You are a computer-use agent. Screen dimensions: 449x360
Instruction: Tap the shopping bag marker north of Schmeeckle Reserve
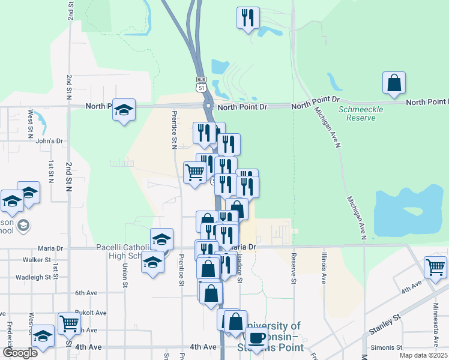tap(394, 84)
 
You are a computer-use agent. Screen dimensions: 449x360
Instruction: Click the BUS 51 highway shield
tap(201, 83)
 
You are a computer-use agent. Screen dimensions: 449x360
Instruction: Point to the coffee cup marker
tap(256, 338)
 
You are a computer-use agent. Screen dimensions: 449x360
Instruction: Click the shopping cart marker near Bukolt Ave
tap(70, 324)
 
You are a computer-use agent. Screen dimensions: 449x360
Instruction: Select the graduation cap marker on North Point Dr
tap(124, 110)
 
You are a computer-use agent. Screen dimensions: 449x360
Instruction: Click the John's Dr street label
tap(49, 141)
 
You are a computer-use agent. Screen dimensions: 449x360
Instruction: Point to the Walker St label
tap(37, 260)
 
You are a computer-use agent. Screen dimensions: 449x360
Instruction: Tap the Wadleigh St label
tap(34, 277)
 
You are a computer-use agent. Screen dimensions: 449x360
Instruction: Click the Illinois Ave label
tap(324, 268)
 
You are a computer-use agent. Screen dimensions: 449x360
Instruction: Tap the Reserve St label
tap(294, 268)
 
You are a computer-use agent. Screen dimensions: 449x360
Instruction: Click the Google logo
tap(20, 353)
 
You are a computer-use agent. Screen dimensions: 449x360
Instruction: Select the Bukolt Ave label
tap(91, 313)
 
